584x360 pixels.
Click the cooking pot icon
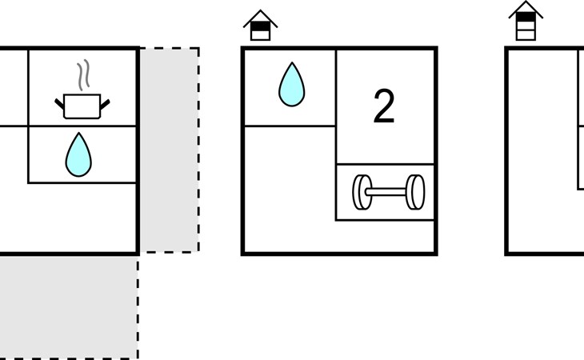click(x=82, y=106)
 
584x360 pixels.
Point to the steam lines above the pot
click(x=84, y=75)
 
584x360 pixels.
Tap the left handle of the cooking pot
click(x=59, y=104)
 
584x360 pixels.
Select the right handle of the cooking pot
click(x=105, y=104)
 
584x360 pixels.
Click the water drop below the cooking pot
click(x=78, y=154)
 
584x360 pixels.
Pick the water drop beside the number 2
click(x=292, y=84)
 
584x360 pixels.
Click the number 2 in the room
click(x=384, y=106)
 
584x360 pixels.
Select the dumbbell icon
click(x=389, y=192)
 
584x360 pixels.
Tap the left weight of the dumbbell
click(x=362, y=192)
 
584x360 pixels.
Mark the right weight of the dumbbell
click(x=415, y=192)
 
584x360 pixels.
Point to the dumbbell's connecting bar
click(x=389, y=192)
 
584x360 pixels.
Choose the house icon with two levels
click(x=260, y=26)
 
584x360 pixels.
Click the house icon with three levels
click(x=526, y=21)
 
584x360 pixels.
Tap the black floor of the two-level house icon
click(x=260, y=26)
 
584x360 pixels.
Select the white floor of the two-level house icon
click(x=260, y=35)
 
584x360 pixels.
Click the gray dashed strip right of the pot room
click(x=170, y=150)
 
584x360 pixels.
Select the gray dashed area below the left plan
click(x=69, y=307)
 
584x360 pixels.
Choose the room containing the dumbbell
click(x=385, y=192)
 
